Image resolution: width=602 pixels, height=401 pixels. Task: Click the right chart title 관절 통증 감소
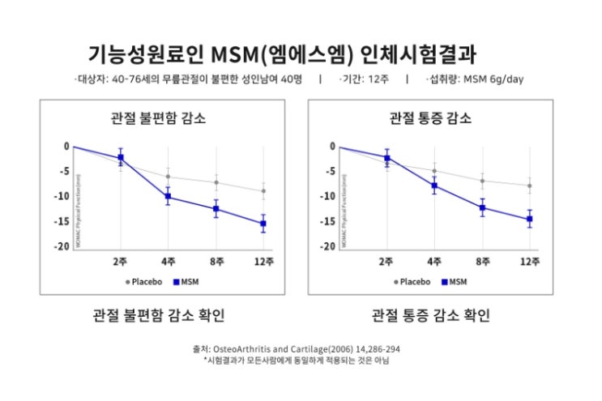point(430,117)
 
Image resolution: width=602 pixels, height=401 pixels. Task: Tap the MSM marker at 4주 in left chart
point(168,197)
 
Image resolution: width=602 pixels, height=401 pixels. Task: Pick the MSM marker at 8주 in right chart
point(483,207)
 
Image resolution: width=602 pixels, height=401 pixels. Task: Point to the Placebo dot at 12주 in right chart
point(530,186)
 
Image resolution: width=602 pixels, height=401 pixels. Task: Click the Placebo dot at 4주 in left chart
point(168,177)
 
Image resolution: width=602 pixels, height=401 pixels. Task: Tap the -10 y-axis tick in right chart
point(331,196)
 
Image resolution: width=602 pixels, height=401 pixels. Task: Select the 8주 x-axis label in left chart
point(216,262)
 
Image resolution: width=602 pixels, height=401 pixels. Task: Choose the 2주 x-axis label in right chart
point(386,262)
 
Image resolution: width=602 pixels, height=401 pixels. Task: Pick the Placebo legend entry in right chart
point(412,282)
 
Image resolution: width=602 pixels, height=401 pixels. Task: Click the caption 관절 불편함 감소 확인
point(158,314)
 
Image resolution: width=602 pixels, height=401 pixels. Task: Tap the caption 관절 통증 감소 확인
point(430,314)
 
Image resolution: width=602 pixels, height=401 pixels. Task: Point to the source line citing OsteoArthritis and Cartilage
point(297,349)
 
